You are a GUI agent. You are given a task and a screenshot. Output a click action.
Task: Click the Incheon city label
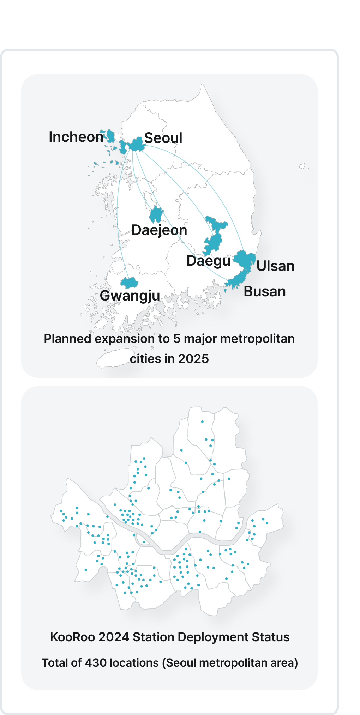76,137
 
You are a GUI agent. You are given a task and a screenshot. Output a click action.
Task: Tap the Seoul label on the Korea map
163,138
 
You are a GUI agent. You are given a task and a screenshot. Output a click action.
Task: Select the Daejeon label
159,230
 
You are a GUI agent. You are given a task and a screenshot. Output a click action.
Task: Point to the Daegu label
208,261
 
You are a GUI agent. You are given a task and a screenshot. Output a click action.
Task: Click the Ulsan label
275,266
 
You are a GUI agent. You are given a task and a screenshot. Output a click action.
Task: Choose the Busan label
264,292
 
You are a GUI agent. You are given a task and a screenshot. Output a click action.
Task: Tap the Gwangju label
130,296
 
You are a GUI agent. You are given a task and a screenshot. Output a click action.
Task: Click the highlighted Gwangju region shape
129,283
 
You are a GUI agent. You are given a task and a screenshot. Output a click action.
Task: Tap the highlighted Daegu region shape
214,240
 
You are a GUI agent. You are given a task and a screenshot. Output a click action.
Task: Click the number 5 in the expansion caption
176,339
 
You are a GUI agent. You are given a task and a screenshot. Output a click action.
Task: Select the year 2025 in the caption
193,359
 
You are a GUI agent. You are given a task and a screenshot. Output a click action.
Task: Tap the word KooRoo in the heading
72,637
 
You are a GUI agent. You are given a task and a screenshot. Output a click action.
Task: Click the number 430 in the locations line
96,663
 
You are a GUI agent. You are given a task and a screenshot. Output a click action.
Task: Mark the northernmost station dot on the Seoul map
202,422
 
